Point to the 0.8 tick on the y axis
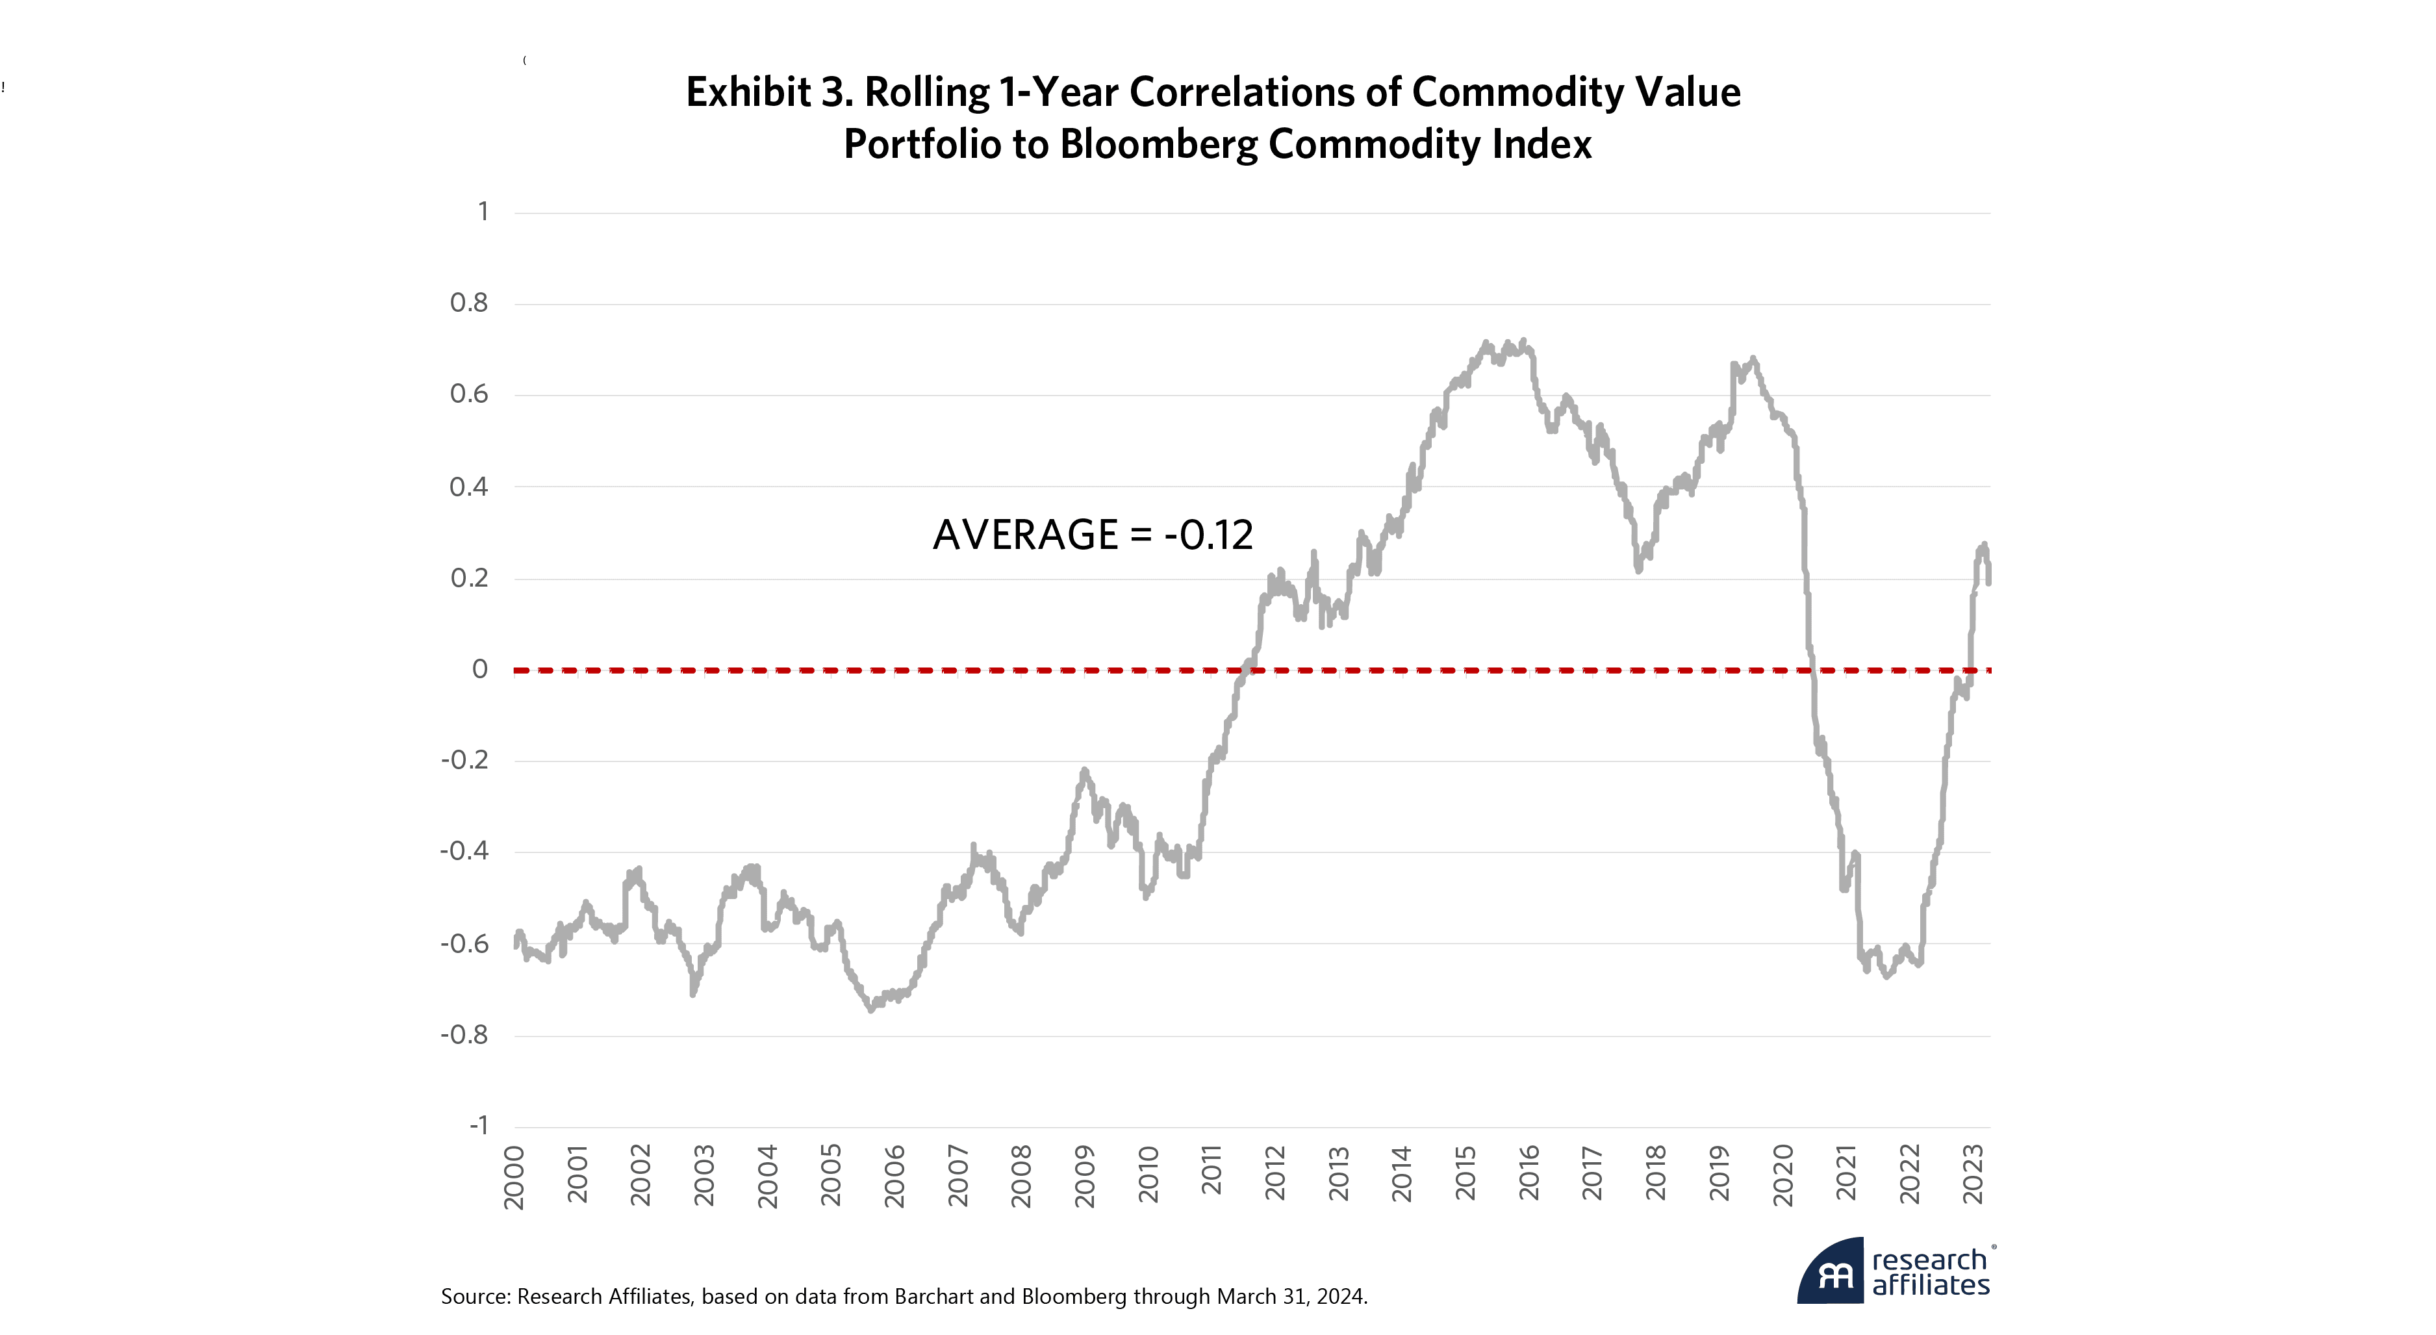point(469,303)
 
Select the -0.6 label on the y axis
point(464,943)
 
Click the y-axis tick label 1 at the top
point(483,212)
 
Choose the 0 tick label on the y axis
point(481,669)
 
